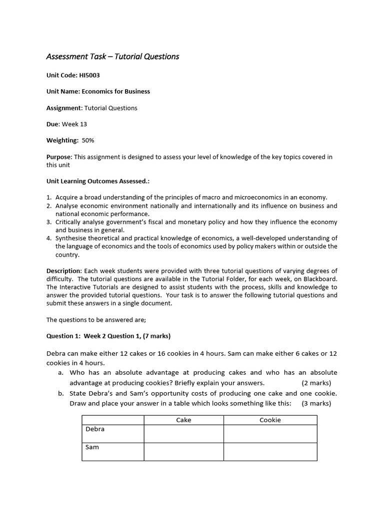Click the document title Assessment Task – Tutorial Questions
point(112,56)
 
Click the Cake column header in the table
point(183,420)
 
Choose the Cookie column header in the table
point(270,420)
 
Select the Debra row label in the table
point(95,429)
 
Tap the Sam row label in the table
point(92,447)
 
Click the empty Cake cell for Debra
point(183,434)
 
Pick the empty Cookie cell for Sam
point(270,452)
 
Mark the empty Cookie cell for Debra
point(270,434)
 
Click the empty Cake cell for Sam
point(183,452)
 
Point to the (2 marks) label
point(316,383)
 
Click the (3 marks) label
point(316,403)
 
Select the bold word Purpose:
point(59,157)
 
